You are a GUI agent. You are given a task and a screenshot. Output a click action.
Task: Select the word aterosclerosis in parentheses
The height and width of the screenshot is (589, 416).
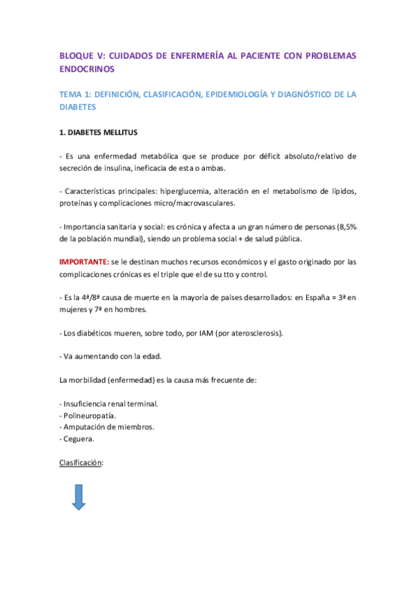(x=252, y=333)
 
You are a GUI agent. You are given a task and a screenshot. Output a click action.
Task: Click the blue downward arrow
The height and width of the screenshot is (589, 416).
(x=78, y=497)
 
